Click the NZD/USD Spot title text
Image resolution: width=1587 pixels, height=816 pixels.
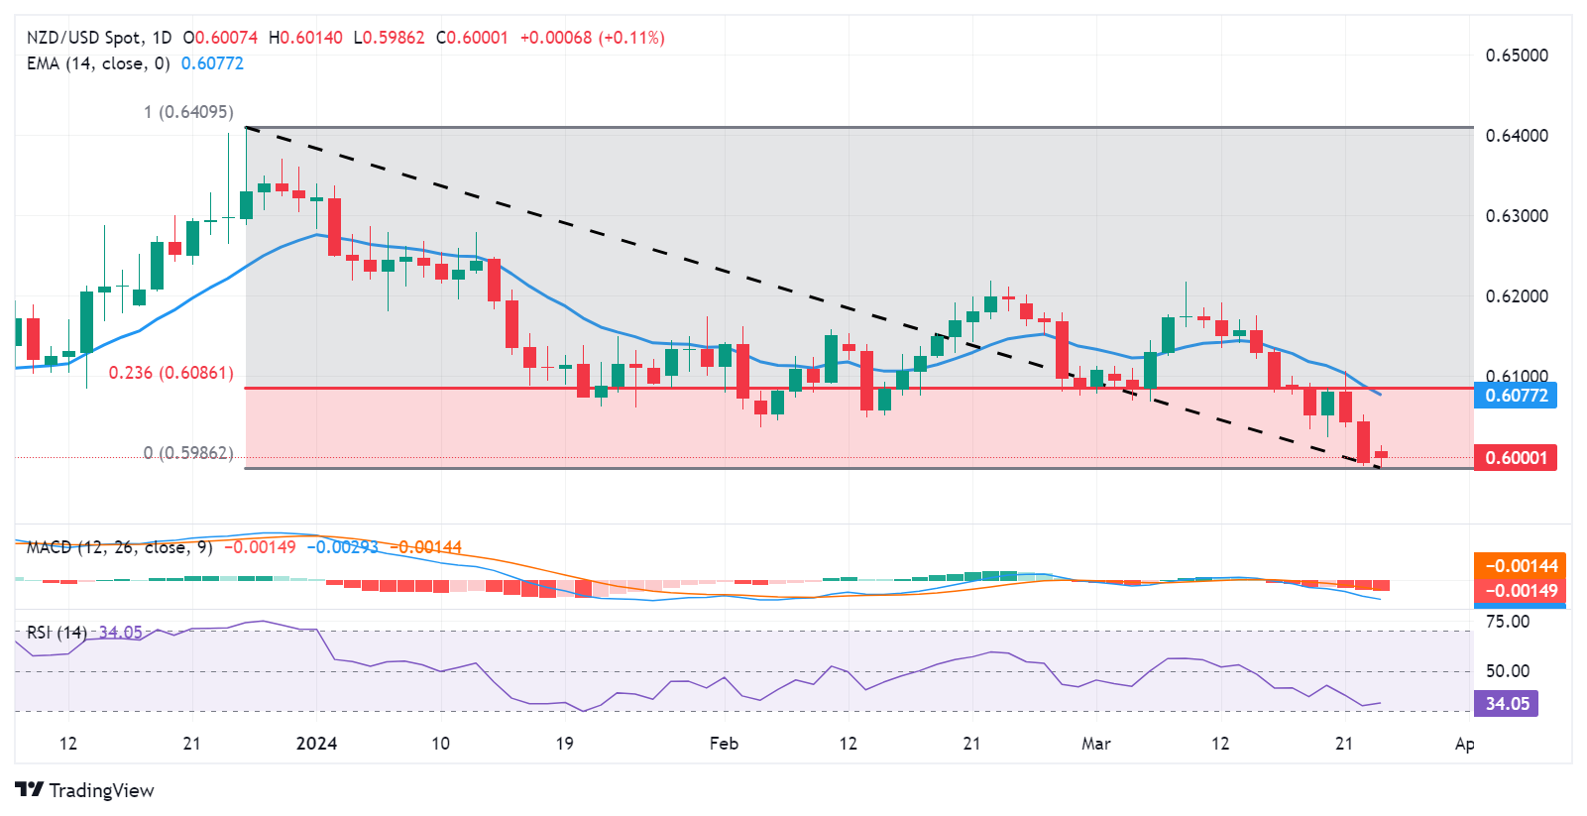tap(84, 38)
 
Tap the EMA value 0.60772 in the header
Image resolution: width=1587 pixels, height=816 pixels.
tap(212, 63)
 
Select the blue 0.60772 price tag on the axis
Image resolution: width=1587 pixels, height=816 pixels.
tap(1515, 396)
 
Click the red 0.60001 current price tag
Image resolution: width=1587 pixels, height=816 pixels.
tap(1515, 457)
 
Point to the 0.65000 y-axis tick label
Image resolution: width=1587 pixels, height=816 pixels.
tap(1516, 56)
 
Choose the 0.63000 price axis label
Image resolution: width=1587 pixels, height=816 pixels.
tap(1516, 216)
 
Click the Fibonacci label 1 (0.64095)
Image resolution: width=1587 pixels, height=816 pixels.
tap(188, 112)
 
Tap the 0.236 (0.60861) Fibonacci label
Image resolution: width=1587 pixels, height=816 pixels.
tap(170, 373)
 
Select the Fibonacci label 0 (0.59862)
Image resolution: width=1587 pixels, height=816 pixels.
tap(188, 453)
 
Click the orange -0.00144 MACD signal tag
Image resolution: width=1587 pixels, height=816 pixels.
tap(1520, 566)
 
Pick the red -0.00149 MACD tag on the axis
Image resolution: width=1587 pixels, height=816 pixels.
tap(1520, 591)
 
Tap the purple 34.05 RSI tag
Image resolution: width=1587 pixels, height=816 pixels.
tap(1507, 704)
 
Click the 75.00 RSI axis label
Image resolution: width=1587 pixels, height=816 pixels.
tap(1507, 622)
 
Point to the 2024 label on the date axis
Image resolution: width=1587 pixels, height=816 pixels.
tap(316, 744)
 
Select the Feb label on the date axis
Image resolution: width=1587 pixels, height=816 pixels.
tap(724, 744)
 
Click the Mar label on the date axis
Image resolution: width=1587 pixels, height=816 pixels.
tap(1095, 744)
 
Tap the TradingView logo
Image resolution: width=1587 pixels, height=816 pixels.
tap(85, 790)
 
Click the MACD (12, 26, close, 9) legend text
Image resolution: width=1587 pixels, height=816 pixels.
tap(119, 547)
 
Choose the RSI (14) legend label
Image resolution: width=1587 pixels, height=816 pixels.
tap(57, 633)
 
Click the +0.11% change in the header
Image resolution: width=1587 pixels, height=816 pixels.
tap(631, 38)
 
